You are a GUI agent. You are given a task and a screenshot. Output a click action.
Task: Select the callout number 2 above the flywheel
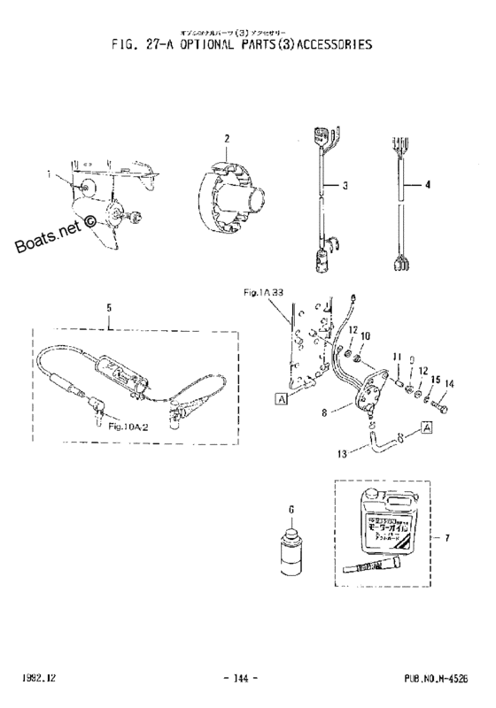click(227, 139)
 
